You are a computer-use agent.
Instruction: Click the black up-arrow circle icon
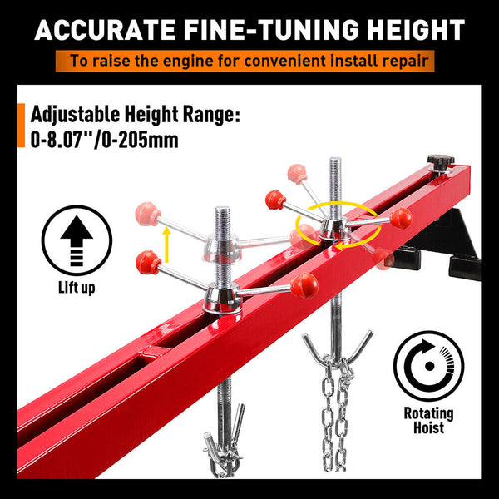(77, 240)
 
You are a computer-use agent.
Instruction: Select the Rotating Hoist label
(428, 421)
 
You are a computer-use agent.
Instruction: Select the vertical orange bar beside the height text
(20, 127)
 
